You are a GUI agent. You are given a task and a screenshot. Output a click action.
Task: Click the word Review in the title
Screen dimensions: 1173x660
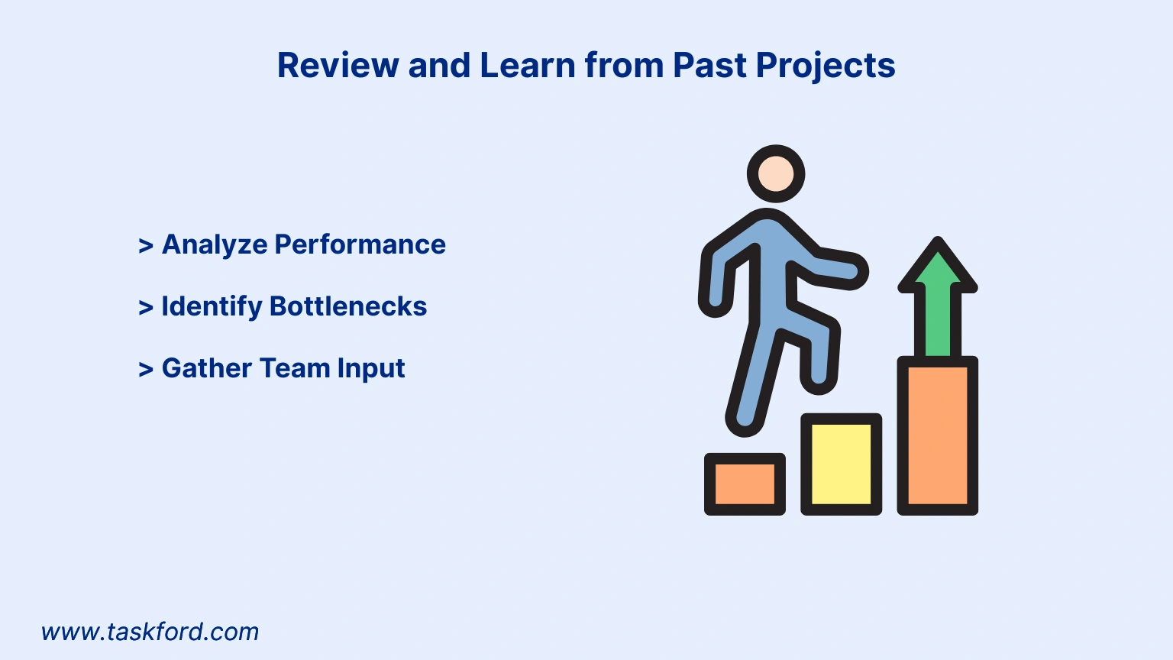(x=338, y=66)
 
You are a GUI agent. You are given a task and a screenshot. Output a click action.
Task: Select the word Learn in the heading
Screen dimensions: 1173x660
(x=528, y=66)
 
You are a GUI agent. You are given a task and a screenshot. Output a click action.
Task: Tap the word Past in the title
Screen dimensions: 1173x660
(x=709, y=66)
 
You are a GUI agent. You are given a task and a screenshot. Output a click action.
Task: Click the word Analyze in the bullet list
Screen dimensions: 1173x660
(x=215, y=244)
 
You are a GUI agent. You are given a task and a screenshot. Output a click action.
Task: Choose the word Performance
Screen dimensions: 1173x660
(x=360, y=244)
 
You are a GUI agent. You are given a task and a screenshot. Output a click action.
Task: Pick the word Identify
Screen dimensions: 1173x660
(x=212, y=306)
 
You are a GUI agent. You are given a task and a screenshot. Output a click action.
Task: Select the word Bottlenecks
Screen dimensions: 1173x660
(x=348, y=306)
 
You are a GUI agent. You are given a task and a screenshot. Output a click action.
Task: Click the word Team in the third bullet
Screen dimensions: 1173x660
(x=295, y=367)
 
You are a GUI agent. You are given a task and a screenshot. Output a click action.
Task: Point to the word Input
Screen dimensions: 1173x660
(x=370, y=369)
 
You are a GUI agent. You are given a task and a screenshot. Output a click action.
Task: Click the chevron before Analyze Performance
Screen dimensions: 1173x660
(x=146, y=245)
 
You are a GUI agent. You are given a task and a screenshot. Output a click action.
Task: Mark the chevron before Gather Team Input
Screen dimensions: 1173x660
(x=146, y=369)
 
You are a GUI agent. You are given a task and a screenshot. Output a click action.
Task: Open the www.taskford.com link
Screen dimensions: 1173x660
(x=150, y=632)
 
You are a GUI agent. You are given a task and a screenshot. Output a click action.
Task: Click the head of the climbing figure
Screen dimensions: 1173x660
(x=776, y=174)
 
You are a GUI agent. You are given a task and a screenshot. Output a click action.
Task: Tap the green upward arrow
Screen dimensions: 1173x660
(x=937, y=297)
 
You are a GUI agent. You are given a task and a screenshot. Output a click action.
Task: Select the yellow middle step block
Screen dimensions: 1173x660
(x=841, y=464)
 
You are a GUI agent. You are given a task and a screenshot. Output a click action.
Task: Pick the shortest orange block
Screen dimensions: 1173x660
(x=745, y=484)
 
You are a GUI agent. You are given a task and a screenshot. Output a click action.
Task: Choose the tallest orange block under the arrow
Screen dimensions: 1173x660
(x=937, y=436)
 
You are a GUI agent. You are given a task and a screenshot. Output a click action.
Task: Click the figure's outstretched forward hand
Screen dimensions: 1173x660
(x=849, y=271)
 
